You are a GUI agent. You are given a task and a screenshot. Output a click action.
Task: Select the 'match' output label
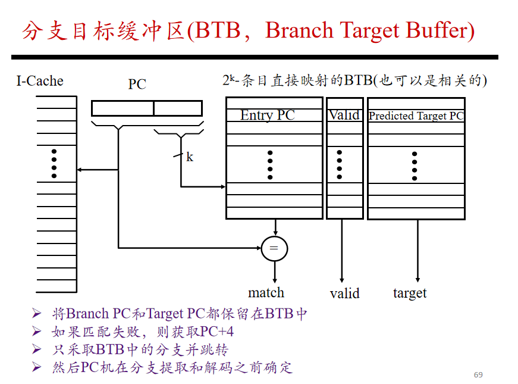click(x=266, y=293)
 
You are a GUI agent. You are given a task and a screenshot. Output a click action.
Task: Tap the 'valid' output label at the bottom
click(x=344, y=294)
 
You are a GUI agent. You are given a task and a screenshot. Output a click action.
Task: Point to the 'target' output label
click(x=410, y=294)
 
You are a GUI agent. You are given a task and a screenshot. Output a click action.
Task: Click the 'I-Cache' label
click(x=40, y=81)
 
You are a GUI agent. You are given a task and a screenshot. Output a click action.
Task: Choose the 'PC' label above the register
click(x=137, y=84)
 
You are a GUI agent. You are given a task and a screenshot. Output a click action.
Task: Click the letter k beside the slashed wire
click(x=190, y=157)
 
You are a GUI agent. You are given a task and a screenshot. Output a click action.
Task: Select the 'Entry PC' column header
click(x=267, y=115)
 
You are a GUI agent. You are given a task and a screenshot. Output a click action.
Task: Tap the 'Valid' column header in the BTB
click(x=344, y=115)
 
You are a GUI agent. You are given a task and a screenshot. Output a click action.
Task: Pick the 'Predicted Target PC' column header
click(x=416, y=115)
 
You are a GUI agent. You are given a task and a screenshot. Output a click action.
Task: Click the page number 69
click(x=478, y=374)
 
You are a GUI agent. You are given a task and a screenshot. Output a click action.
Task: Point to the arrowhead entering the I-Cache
click(x=79, y=170)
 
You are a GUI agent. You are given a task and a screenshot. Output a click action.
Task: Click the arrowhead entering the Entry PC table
click(x=223, y=187)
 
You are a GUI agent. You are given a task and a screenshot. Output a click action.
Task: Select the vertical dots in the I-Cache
click(x=54, y=164)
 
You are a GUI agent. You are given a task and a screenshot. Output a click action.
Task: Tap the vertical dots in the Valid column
click(x=339, y=165)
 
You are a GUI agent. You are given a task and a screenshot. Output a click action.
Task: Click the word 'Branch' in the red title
click(x=299, y=30)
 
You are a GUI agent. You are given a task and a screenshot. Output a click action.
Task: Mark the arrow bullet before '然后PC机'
click(x=36, y=367)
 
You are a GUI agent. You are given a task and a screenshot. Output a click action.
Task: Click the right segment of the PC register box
click(x=178, y=108)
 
